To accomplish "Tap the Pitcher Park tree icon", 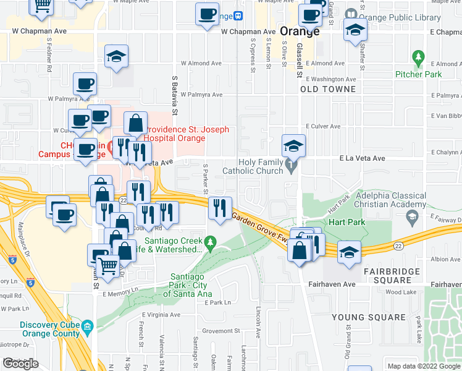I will coord(419,59).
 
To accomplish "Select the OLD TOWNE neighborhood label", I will coord(328,90).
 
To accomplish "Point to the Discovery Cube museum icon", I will coord(87,325).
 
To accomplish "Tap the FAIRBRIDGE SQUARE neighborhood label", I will coord(392,271).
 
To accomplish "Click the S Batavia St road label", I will coord(175,96).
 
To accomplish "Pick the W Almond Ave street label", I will coord(201,63).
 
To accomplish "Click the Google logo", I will coord(20,364).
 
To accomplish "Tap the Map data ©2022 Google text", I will coord(423,366).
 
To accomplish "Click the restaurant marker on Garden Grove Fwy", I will coord(219,208).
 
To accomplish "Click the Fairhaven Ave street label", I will coord(332,284).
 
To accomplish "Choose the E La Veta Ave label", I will coord(362,159).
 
